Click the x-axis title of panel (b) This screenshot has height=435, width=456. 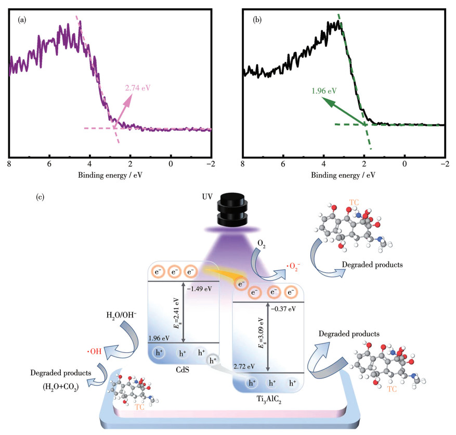click(343, 175)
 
